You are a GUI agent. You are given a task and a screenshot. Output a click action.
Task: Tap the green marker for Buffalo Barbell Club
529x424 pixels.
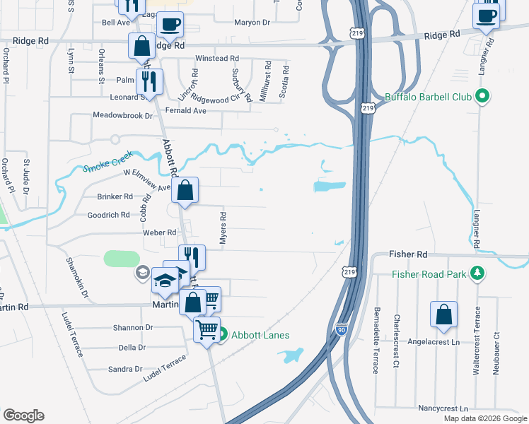pyautogui.click(x=484, y=97)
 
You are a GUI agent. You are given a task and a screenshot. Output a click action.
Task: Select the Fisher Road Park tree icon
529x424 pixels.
pyautogui.click(x=478, y=273)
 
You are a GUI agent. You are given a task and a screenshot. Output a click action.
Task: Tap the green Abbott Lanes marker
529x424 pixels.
pyautogui.click(x=221, y=335)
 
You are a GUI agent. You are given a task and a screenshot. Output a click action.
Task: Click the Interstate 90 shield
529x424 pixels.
pyautogui.click(x=341, y=330)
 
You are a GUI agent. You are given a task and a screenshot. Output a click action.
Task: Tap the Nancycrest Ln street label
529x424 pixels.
pyautogui.click(x=443, y=408)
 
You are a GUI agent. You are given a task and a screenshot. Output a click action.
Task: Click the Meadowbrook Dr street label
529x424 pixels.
pyautogui.click(x=123, y=114)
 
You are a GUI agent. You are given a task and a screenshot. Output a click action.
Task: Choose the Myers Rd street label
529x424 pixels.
pyautogui.click(x=223, y=229)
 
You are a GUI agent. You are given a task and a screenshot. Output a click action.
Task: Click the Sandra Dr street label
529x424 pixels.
pyautogui.click(x=126, y=369)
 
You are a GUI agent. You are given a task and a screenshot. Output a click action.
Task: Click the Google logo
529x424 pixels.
pyautogui.click(x=23, y=416)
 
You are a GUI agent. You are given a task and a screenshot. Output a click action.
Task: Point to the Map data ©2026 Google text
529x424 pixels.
pyautogui.click(x=485, y=418)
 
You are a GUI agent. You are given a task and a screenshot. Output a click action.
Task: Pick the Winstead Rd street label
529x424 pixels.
pyautogui.click(x=217, y=58)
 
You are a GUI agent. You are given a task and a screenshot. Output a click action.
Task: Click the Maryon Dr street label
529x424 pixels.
pyautogui.click(x=252, y=22)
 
